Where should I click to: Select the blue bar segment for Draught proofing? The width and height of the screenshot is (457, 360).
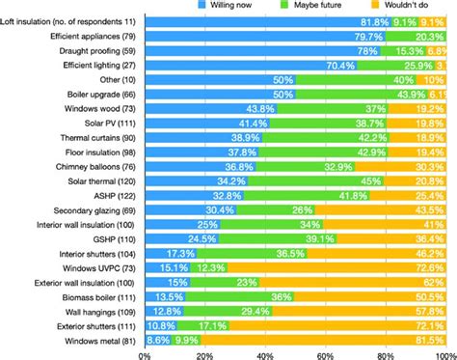coord(260,53)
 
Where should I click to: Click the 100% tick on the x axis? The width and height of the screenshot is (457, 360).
coord(443,353)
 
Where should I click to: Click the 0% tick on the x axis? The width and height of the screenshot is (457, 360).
coord(144,353)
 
